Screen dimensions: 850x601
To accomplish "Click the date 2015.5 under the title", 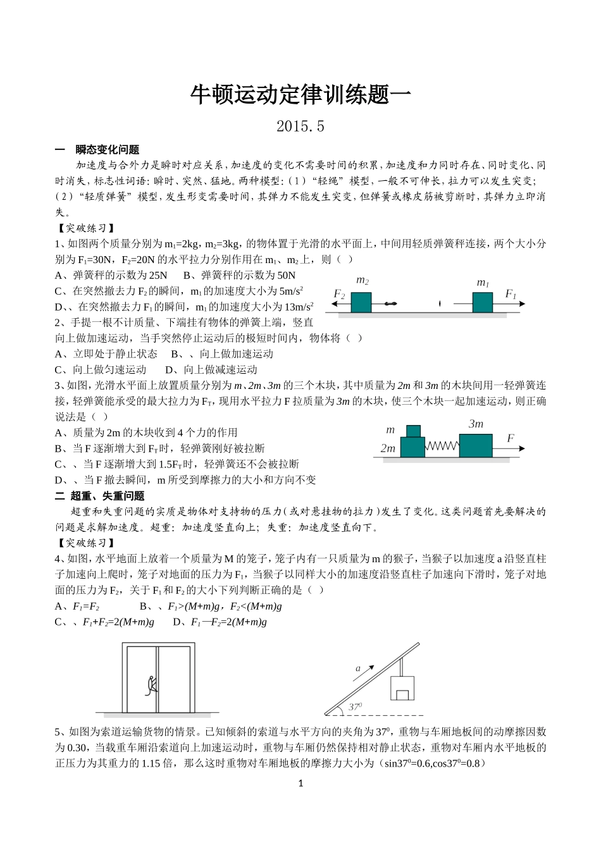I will click(300, 126).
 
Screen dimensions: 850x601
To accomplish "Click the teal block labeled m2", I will click(361, 302).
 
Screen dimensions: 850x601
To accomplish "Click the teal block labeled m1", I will click(482, 302).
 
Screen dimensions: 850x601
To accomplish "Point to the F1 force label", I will click(511, 294).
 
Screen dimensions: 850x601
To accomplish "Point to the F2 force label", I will click(339, 295).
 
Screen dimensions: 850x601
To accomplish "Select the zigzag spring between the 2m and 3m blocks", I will click(442, 447).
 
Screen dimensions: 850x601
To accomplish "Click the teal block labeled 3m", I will click(475, 445).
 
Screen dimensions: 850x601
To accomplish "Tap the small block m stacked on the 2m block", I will click(413, 431).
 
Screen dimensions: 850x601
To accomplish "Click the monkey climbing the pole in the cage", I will click(152, 686).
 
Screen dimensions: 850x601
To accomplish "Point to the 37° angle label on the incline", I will click(356, 706).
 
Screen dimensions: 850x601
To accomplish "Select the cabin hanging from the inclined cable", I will click(402, 688).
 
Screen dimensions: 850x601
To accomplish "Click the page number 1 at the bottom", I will click(300, 783).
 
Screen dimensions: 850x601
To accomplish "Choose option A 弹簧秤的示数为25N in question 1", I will click(111, 275).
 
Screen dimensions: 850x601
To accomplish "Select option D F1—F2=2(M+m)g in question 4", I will click(220, 622).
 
